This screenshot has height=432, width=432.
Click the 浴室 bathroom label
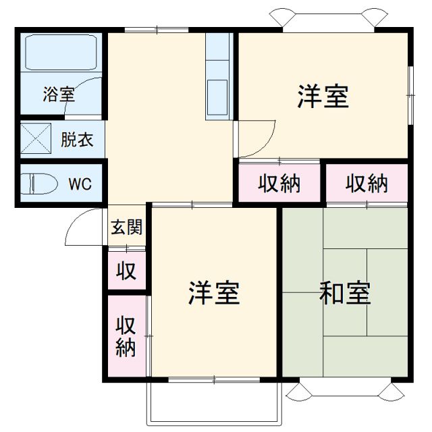pyautogui.click(x=59, y=94)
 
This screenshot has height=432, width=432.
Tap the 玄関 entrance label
pyautogui.click(x=126, y=227)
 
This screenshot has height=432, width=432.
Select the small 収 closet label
pyautogui.click(x=126, y=271)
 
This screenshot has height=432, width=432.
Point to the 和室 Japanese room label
pyautogui.click(x=345, y=294)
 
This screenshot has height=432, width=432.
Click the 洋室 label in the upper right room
pyautogui.click(x=323, y=97)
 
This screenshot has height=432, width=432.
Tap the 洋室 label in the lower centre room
pyautogui.click(x=214, y=294)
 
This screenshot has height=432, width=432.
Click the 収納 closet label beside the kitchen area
pyautogui.click(x=279, y=184)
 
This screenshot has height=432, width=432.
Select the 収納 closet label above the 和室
pyautogui.click(x=367, y=184)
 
